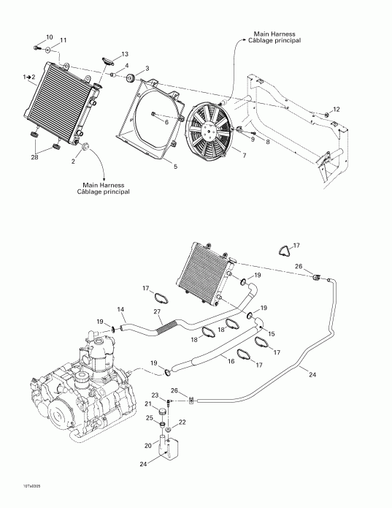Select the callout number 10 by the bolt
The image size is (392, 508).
50,37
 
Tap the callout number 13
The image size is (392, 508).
124,55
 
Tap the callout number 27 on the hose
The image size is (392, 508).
157,313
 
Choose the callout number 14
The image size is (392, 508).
121,310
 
